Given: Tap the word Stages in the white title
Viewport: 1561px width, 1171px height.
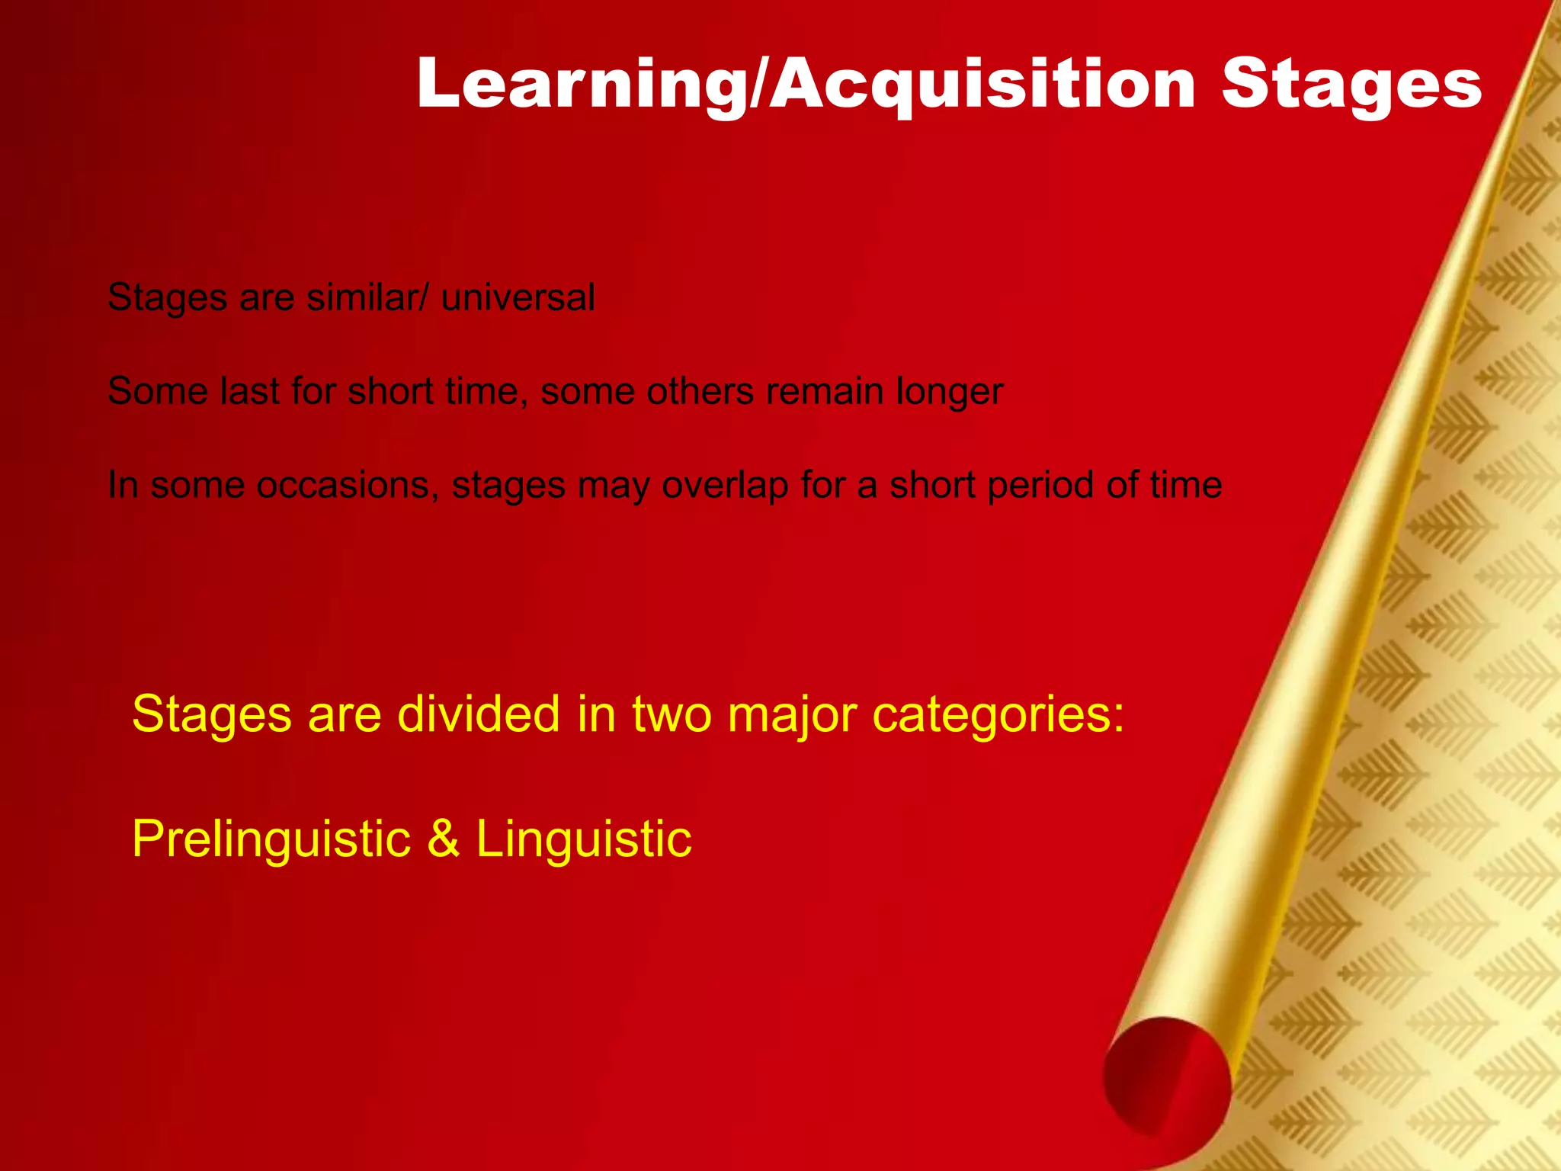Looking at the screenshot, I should (x=1351, y=85).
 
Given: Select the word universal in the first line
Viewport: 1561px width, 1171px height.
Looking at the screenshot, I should (x=518, y=297).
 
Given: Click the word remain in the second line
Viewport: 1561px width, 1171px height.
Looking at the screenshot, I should (x=825, y=391).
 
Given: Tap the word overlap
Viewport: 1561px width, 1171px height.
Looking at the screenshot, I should (x=725, y=486).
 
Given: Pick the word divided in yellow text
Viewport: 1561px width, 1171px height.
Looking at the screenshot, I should (x=478, y=714).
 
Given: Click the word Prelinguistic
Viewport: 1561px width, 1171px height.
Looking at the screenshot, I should (x=271, y=839).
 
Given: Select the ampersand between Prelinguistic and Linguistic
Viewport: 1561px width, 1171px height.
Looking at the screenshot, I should (x=444, y=839).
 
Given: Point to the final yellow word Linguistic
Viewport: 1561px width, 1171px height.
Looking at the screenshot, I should (x=584, y=839).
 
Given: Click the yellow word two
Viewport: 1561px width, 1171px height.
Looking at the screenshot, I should (x=672, y=714).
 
